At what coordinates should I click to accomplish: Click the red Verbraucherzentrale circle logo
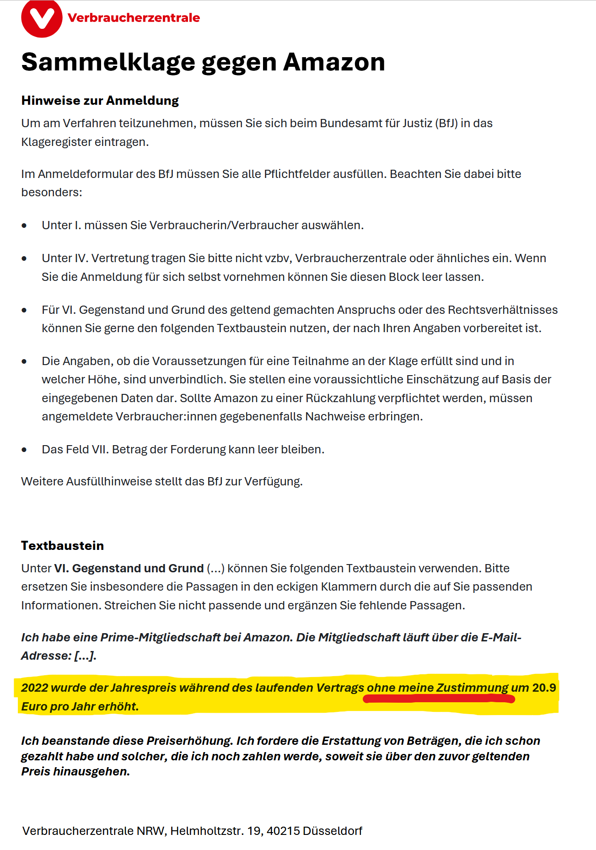(42, 18)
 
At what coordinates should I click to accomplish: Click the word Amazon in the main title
(334, 62)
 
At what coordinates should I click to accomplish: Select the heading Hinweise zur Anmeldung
(100, 101)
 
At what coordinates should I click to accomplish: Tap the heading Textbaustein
(62, 545)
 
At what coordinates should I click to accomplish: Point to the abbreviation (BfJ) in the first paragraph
(446, 124)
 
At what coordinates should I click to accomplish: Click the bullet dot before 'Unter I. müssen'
(24, 226)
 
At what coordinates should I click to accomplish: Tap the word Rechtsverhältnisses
(502, 310)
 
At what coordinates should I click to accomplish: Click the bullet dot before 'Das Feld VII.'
(24, 450)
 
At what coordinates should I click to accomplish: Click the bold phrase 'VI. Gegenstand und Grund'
(129, 568)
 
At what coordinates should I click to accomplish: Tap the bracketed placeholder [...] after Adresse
(85, 656)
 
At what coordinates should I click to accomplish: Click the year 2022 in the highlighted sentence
(34, 688)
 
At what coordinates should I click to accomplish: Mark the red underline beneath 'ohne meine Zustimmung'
(439, 699)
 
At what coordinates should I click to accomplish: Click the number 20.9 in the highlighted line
(544, 688)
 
